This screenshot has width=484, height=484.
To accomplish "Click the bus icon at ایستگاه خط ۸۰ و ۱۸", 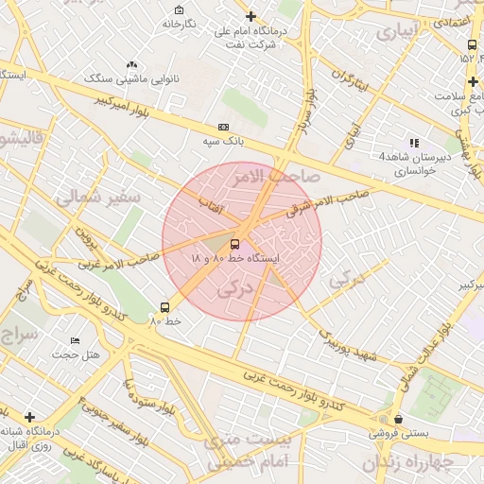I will click(235, 244).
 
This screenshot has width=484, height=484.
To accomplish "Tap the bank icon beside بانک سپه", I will click(223, 127).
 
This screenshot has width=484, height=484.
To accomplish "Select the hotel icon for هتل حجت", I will click(76, 340).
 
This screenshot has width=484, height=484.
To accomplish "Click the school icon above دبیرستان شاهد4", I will click(414, 143).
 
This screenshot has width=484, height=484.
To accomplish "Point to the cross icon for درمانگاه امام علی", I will click(251, 17).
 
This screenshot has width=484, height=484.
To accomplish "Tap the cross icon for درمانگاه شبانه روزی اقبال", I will click(30, 417).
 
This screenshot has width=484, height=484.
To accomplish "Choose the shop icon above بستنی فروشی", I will click(398, 419).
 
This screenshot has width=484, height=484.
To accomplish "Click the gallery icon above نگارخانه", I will click(177, 9).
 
